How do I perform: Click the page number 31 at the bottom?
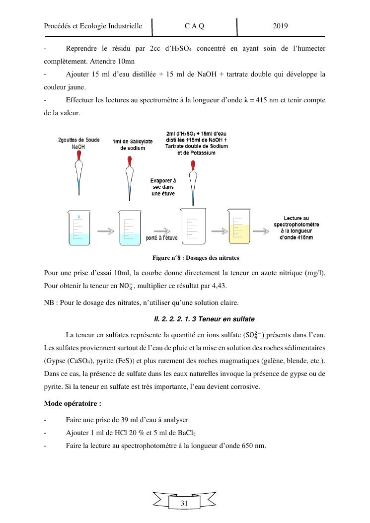(184, 503)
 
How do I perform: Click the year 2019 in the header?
(281, 26)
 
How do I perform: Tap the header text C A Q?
(194, 26)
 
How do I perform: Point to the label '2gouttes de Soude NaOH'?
(78, 144)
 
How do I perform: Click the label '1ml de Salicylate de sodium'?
(129, 145)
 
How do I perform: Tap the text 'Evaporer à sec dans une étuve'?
(163, 187)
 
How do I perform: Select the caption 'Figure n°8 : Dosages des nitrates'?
(196, 258)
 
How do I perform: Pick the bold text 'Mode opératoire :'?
(73, 403)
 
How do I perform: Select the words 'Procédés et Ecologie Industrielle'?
(93, 26)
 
